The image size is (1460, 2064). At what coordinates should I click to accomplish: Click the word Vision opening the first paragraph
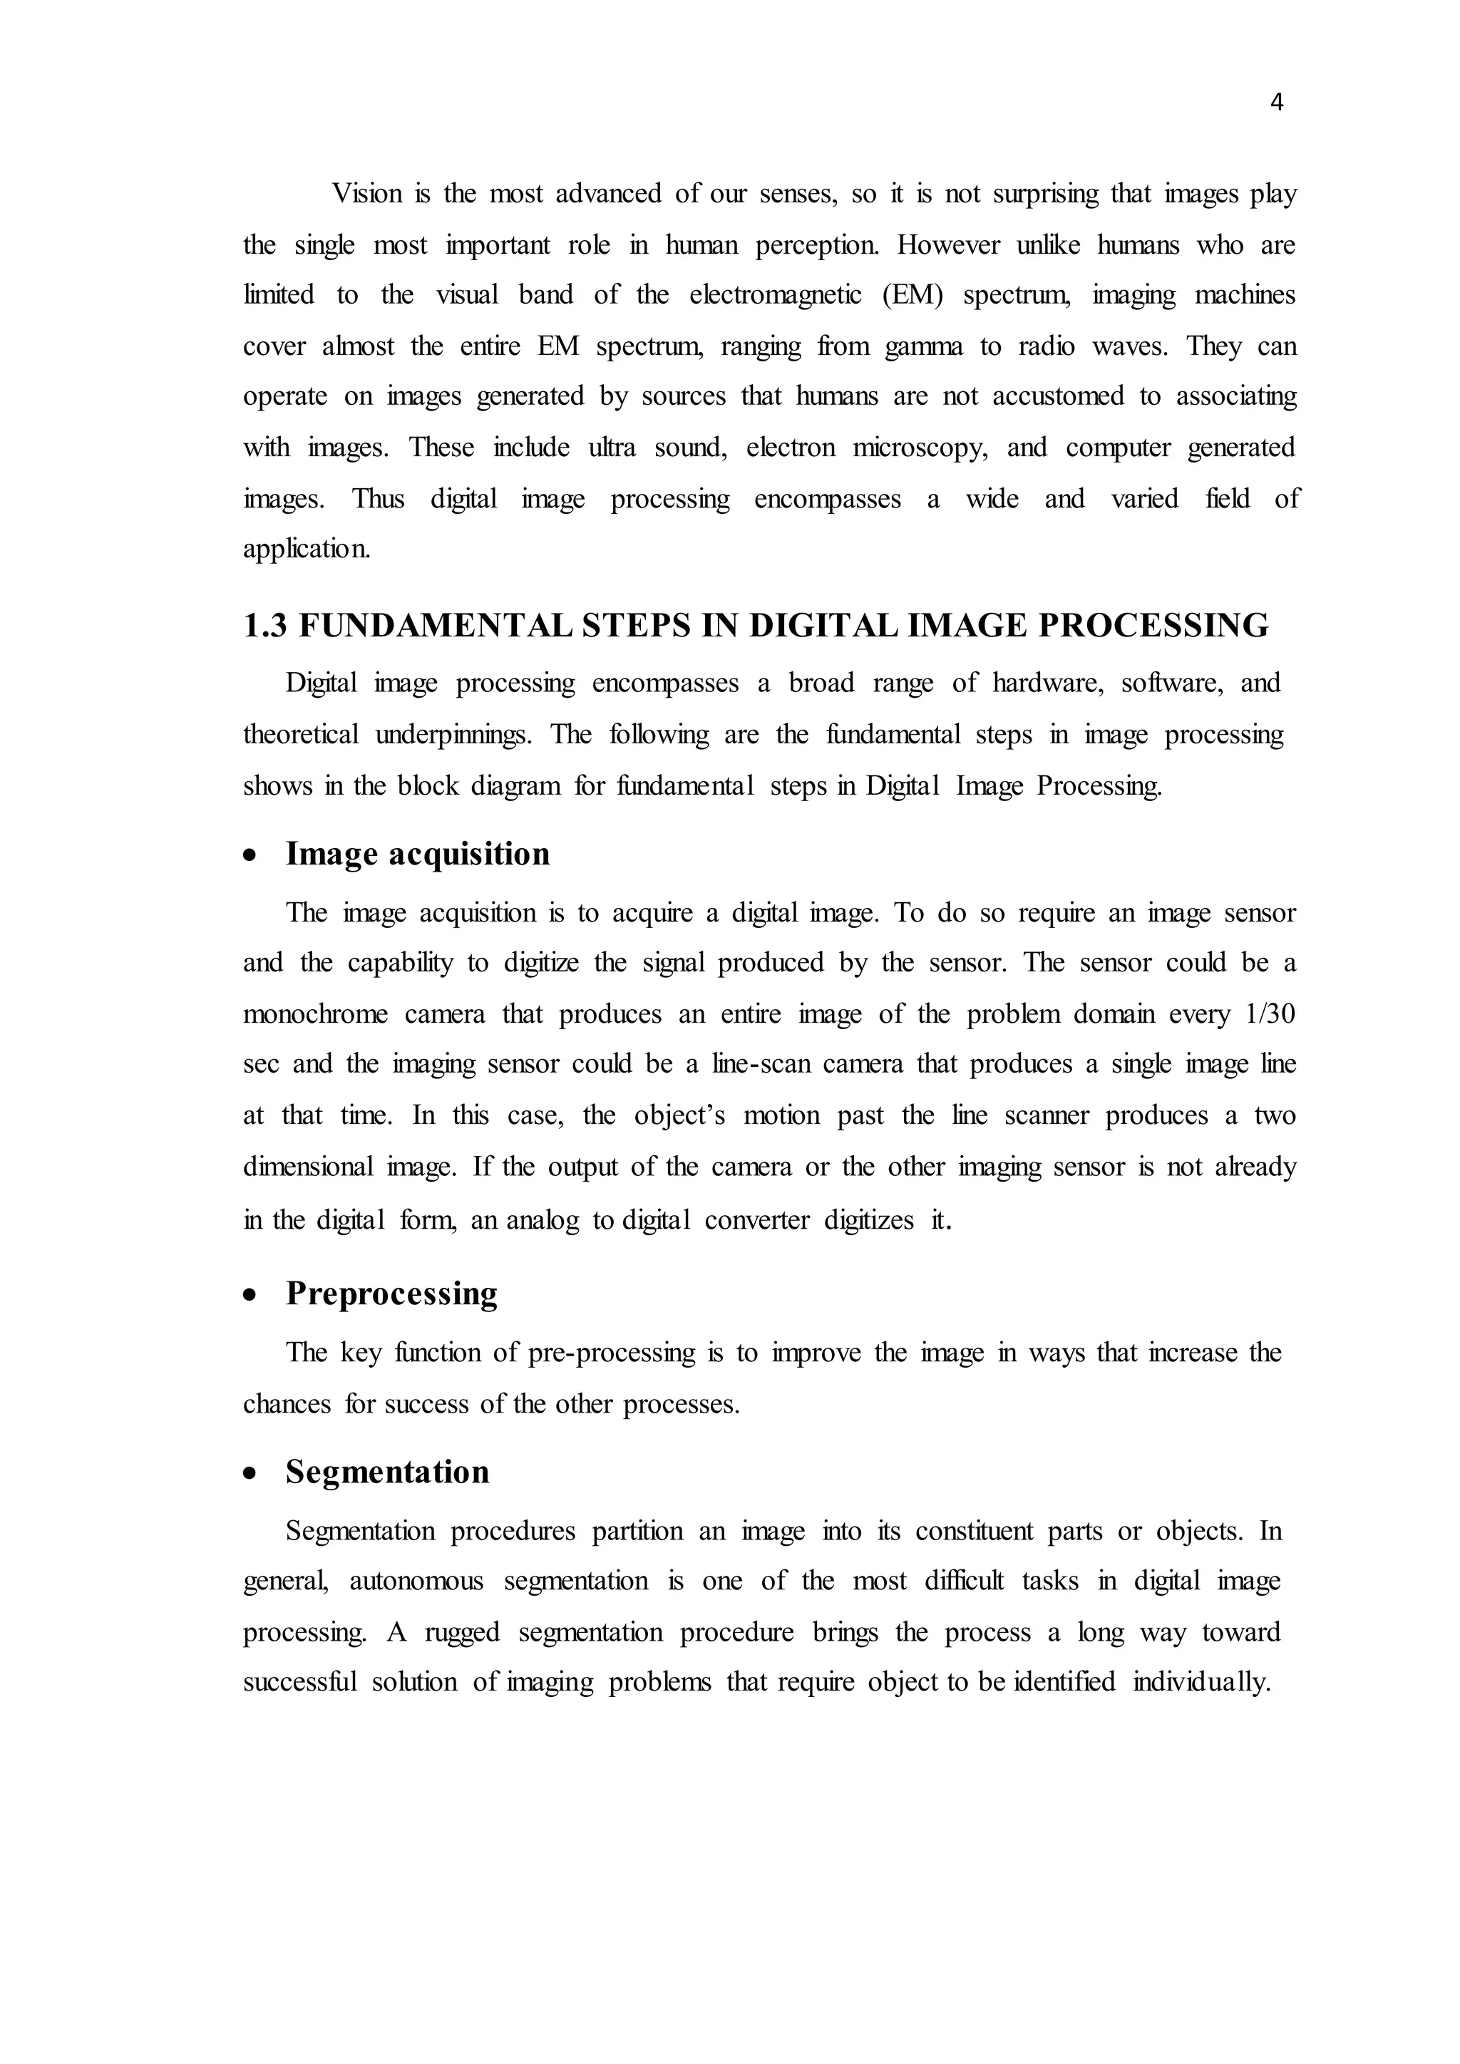[367, 193]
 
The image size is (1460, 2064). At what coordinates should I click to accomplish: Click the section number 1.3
[265, 626]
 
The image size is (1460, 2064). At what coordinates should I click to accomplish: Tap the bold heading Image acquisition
[417, 853]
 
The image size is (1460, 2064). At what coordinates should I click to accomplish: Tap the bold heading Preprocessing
[391, 1294]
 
